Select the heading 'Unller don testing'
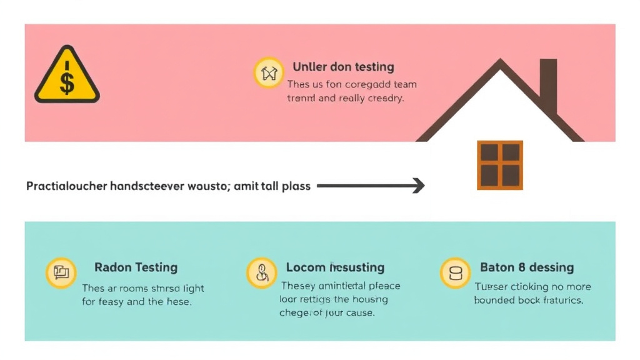[343, 67]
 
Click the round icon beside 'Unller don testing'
[269, 72]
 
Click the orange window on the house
[500, 164]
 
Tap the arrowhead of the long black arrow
[419, 186]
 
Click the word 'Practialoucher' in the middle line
[66, 186]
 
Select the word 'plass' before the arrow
[296, 186]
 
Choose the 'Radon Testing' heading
[136, 267]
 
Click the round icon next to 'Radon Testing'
[61, 273]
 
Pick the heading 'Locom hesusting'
[335, 267]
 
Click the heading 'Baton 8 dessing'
[526, 267]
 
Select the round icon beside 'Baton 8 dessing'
[455, 273]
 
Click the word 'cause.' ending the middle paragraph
[359, 312]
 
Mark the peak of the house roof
[500, 61]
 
